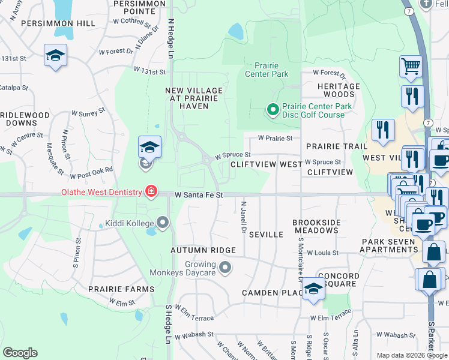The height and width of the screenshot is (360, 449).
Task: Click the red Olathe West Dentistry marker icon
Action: click(x=151, y=192)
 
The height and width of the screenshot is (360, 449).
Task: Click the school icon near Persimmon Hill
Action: click(x=56, y=56)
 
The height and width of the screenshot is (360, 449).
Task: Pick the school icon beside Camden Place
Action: click(x=313, y=289)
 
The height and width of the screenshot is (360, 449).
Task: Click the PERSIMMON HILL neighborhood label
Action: click(x=58, y=23)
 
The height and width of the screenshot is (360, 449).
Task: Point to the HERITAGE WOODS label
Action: click(x=339, y=90)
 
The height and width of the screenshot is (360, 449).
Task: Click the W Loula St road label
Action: click(x=323, y=253)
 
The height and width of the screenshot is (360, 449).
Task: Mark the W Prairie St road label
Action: click(x=275, y=138)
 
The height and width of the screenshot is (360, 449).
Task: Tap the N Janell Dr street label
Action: click(x=244, y=217)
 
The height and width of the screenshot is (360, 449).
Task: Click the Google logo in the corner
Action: click(x=20, y=353)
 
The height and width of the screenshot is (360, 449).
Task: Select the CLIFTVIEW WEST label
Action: click(x=266, y=164)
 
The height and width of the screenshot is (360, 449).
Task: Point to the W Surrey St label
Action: click(x=88, y=112)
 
